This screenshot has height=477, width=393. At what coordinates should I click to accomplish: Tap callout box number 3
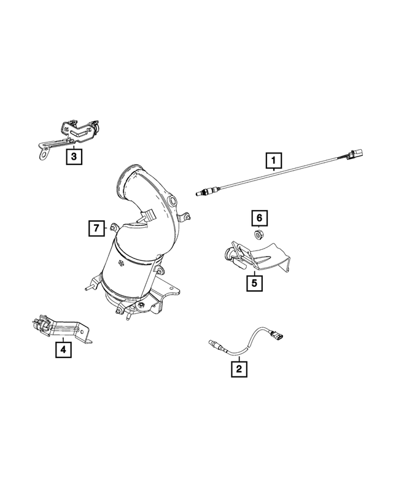point(74,158)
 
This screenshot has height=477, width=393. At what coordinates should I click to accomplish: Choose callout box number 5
point(253,283)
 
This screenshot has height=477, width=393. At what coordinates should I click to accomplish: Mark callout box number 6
point(259,217)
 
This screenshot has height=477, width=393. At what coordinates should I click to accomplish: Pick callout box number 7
point(96,229)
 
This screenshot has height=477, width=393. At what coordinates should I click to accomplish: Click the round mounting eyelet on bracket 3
point(41,154)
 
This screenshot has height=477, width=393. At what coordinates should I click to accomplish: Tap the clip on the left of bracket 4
point(38,325)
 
